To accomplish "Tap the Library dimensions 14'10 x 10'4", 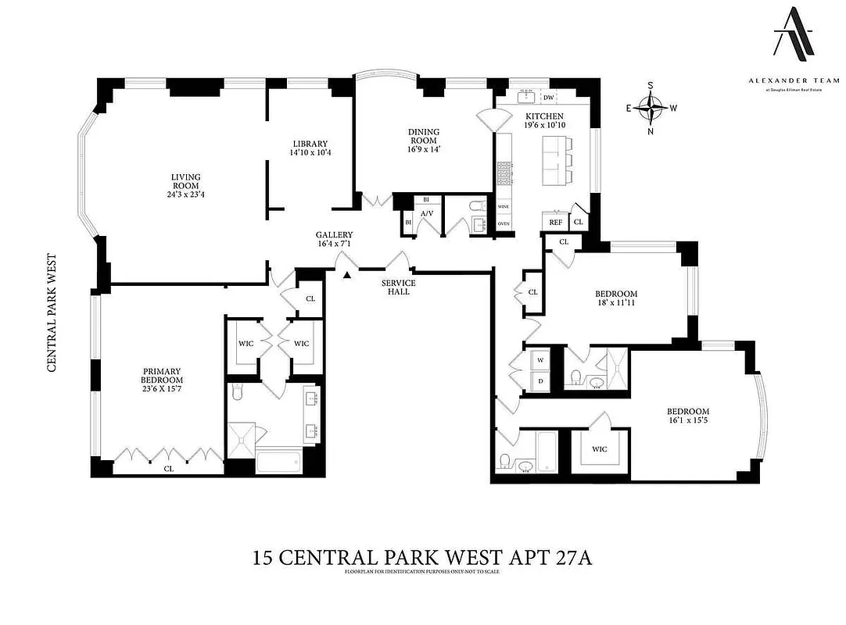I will click(x=310, y=153).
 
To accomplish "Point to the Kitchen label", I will click(x=543, y=116).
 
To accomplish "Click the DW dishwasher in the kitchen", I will click(x=549, y=97).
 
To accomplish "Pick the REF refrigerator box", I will click(x=555, y=223).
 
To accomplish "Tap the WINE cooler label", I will click(x=504, y=207).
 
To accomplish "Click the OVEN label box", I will click(x=504, y=223).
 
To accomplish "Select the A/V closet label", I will click(x=427, y=213).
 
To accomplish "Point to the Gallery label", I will click(x=334, y=235).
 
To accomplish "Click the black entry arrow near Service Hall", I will click(x=346, y=273).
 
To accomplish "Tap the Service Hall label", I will click(x=398, y=287).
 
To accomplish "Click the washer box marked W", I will click(x=540, y=359).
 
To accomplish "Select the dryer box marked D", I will click(x=540, y=380).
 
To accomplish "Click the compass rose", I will click(x=651, y=108).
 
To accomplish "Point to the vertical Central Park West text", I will click(x=52, y=312).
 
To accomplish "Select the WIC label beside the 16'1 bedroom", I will click(x=600, y=449).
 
